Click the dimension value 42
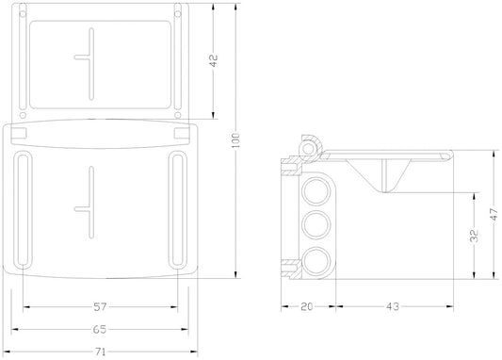point(214,60)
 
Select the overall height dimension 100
point(235,140)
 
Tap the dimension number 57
point(100,307)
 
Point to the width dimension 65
point(100,329)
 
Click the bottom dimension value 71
point(100,352)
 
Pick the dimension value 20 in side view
point(306,306)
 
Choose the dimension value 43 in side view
point(393,306)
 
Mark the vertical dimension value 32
point(475,236)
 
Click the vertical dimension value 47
point(494,214)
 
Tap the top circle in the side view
point(316,191)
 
